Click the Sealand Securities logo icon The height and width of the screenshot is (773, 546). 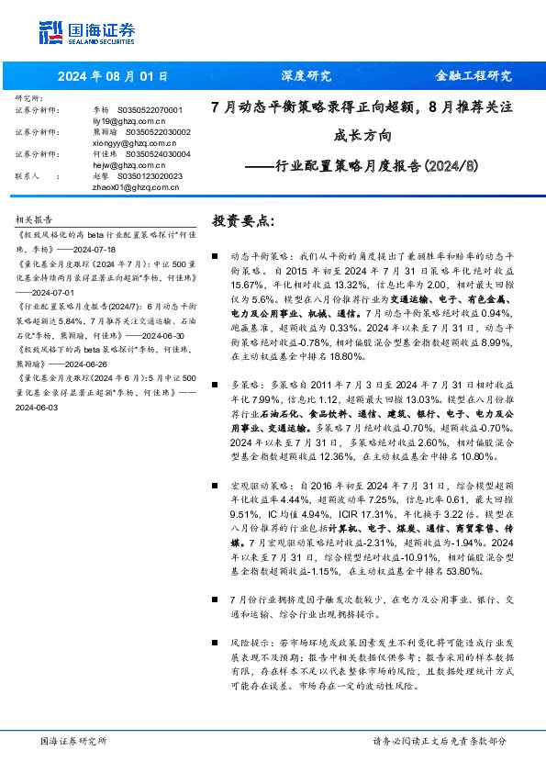(50, 33)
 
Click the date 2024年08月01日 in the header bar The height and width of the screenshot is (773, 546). (115, 75)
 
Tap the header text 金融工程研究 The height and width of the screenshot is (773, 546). (473, 75)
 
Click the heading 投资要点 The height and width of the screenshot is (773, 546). (242, 221)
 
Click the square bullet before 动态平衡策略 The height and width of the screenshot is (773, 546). (215, 259)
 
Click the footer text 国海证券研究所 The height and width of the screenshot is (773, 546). (73, 740)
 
